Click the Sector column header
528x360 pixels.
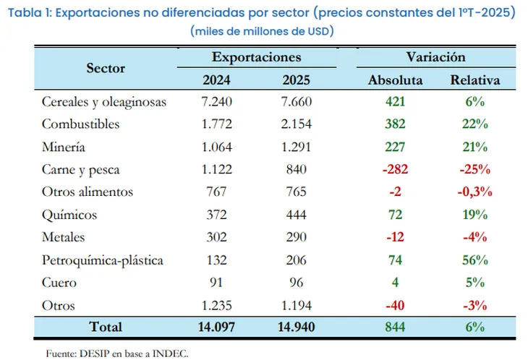pos(106,69)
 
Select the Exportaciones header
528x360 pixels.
pos(256,57)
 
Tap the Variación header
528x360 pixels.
pos(435,57)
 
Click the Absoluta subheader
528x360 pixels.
pos(396,80)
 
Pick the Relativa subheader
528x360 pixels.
pos(474,80)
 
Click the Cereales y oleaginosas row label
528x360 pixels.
pos(103,102)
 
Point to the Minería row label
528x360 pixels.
pos(64,147)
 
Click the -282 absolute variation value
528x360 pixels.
pos(395,170)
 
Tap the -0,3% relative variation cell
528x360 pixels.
pos(474,192)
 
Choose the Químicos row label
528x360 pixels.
pos(69,215)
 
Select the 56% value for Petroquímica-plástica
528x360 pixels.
pos(474,260)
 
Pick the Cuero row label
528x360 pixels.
pos(59,282)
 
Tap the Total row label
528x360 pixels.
pos(106,327)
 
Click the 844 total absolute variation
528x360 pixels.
pos(395,327)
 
